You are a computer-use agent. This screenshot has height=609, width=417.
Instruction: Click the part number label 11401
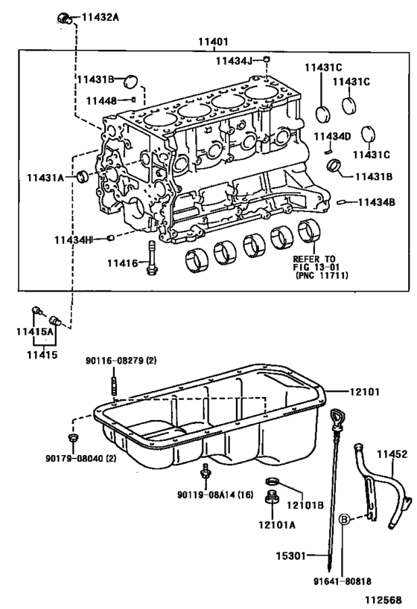coord(213,43)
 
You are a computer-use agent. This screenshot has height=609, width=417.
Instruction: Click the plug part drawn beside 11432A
coord(65,16)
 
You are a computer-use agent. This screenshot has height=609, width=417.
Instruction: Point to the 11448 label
coord(104,100)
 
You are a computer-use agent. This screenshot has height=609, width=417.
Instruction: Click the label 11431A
coord(50,176)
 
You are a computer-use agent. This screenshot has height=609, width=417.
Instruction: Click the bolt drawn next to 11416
coord(153,257)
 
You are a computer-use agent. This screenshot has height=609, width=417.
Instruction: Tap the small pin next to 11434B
coord(342,202)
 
